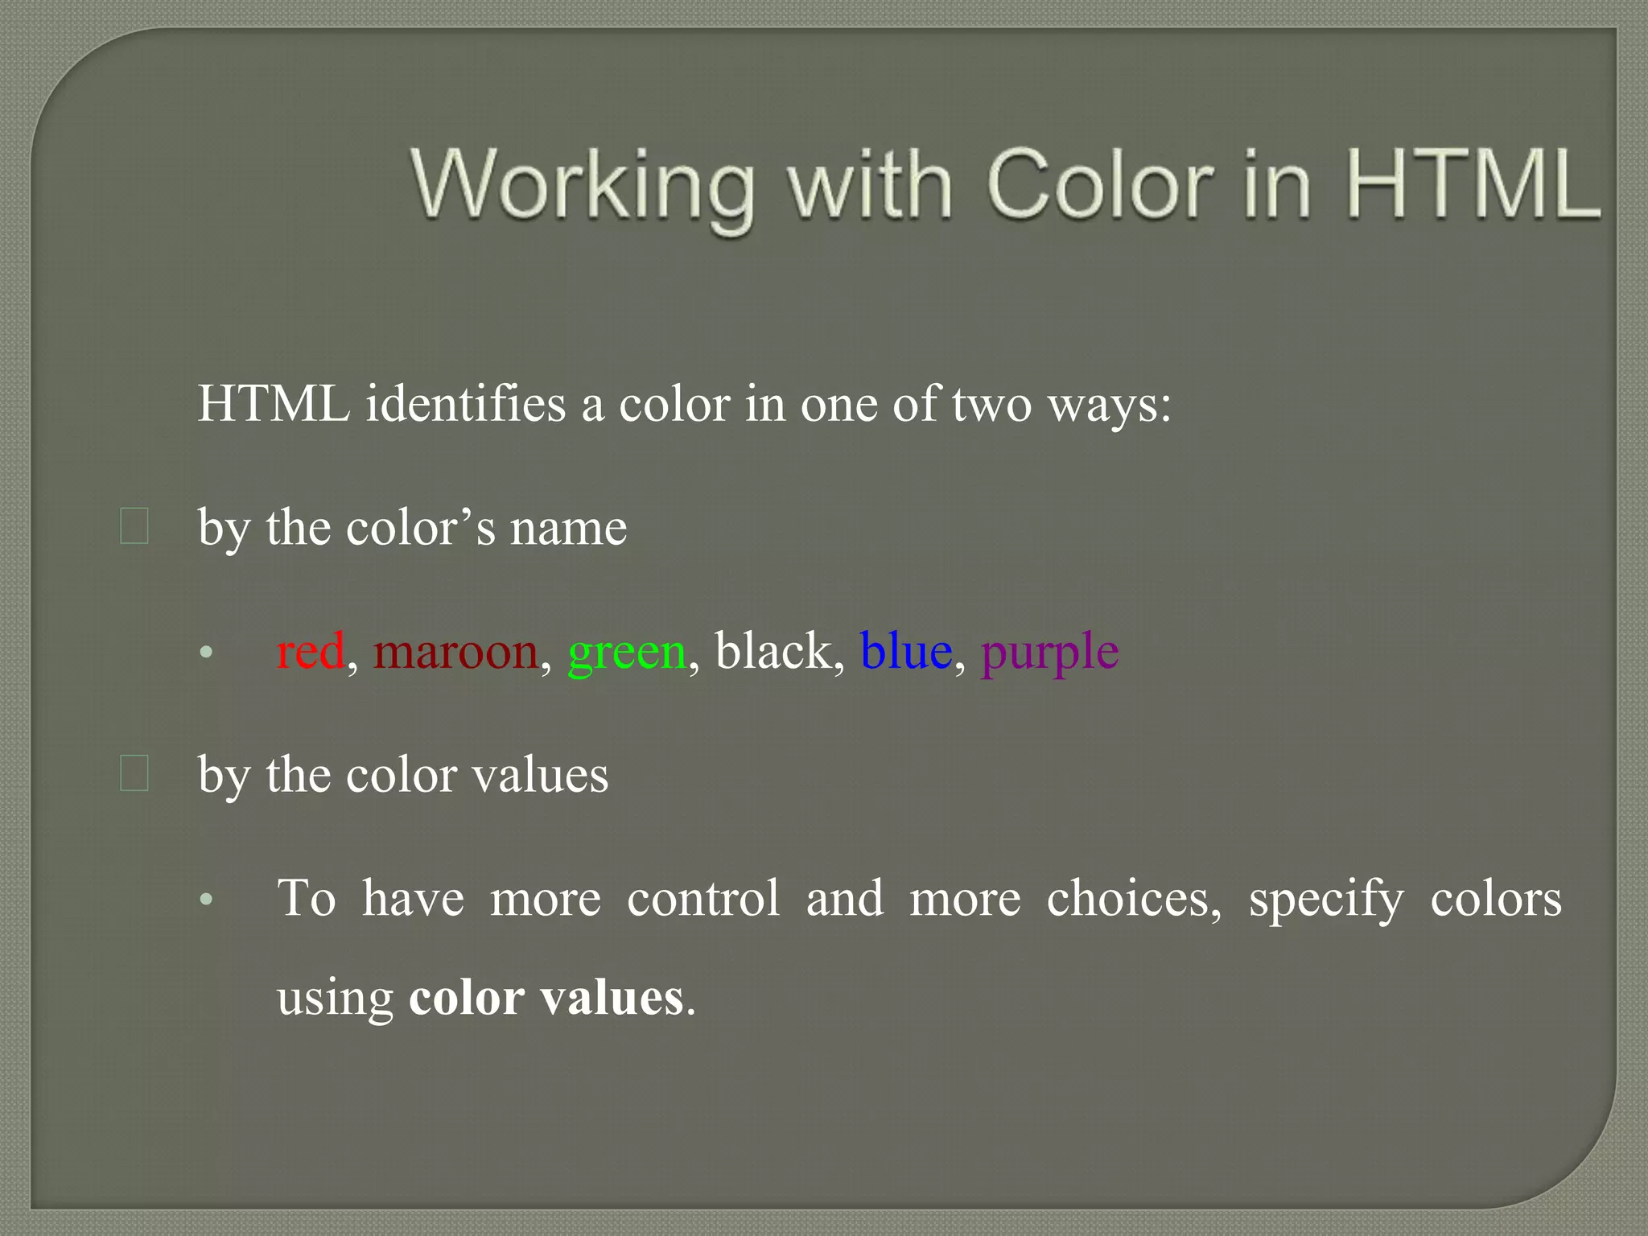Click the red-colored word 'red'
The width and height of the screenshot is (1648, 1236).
310,651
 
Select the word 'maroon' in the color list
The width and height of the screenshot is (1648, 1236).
455,651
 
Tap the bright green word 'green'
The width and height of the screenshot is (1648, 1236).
627,653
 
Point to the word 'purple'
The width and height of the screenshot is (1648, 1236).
1049,653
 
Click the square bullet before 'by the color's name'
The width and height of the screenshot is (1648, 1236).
134,527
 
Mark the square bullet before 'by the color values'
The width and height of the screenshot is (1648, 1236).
134,773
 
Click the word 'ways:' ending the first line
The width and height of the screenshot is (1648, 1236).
1109,405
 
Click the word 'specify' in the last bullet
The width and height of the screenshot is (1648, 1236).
1325,900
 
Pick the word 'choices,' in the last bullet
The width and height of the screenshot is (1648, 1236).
1133,898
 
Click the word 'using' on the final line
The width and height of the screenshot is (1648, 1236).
335,999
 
